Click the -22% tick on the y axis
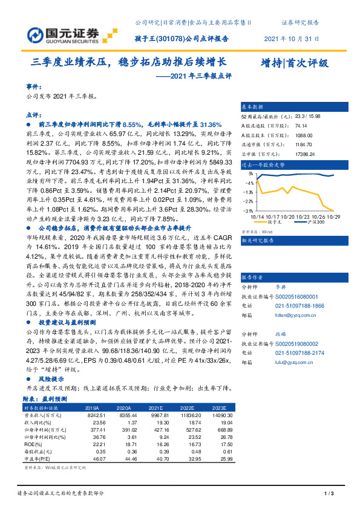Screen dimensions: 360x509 click(249, 201)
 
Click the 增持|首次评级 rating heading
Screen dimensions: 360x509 click(294, 63)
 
